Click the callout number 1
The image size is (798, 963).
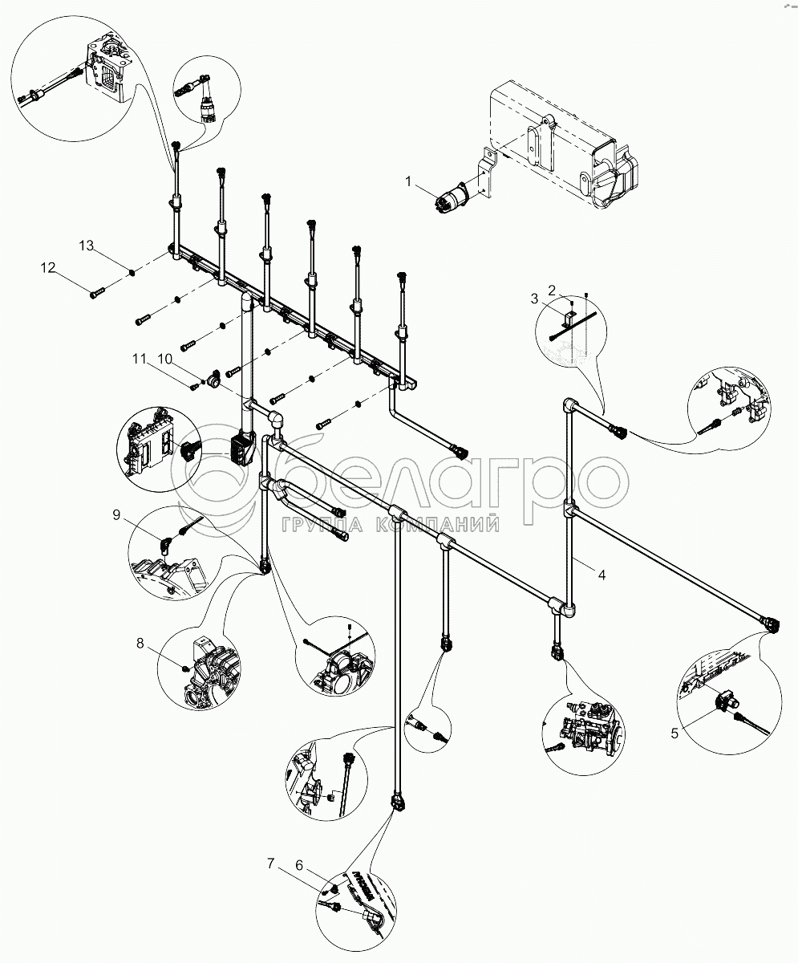coord(409,183)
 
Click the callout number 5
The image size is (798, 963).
coord(674,731)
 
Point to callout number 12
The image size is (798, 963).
coord(49,267)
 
